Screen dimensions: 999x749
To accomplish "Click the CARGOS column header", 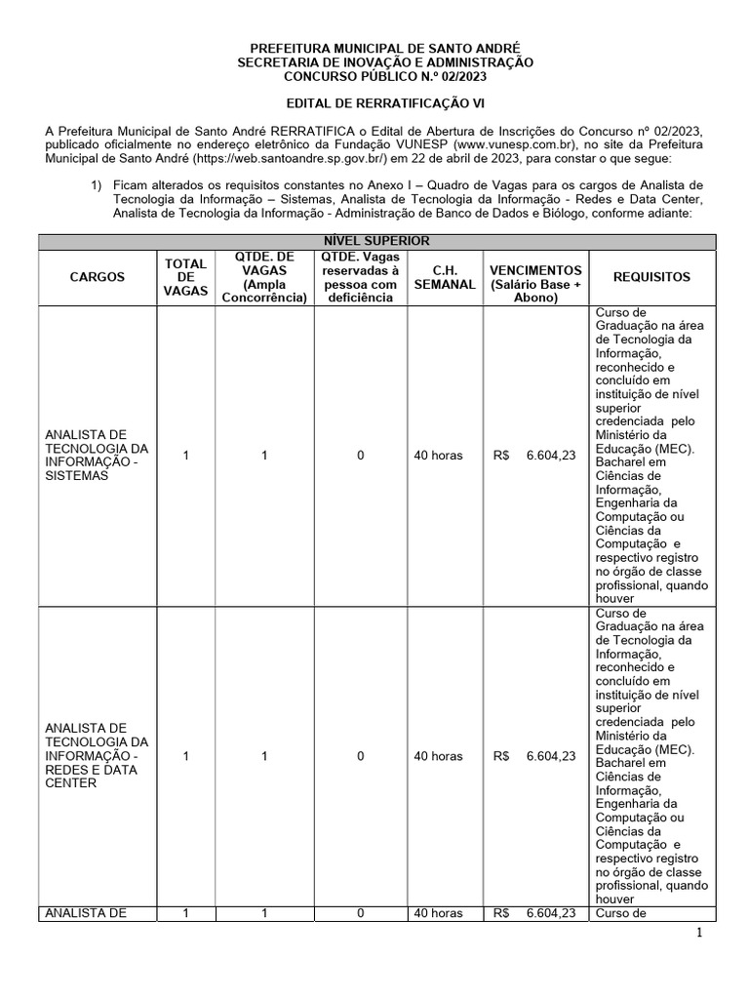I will click(98, 277).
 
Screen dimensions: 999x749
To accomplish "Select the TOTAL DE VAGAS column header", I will click(185, 277).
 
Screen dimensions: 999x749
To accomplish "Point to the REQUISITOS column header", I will click(650, 277).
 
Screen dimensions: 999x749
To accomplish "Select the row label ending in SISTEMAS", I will click(98, 456).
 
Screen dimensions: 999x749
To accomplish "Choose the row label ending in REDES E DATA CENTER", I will click(98, 755).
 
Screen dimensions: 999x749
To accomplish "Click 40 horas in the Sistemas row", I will click(438, 456).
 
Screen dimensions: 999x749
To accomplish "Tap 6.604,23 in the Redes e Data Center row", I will click(551, 756).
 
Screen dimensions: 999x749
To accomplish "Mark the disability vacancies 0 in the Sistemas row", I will click(360, 456).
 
